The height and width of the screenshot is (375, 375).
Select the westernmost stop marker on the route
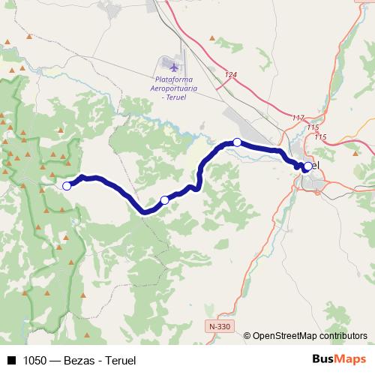(x=67, y=185)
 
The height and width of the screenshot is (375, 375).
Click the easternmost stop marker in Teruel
(x=307, y=166)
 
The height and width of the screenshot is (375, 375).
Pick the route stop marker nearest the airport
(x=237, y=142)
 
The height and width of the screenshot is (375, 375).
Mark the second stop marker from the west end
(x=165, y=199)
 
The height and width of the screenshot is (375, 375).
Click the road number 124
(x=230, y=75)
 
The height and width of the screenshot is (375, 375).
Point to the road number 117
(x=299, y=118)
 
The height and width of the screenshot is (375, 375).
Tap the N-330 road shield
(x=220, y=327)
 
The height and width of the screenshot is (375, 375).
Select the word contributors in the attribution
(x=343, y=336)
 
